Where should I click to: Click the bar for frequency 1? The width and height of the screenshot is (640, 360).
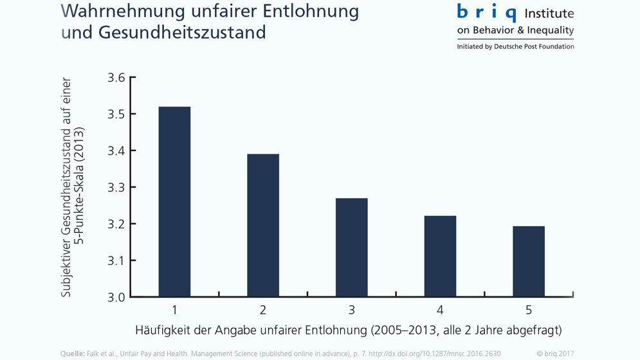tap(174, 201)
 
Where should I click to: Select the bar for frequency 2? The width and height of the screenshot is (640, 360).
tap(263, 225)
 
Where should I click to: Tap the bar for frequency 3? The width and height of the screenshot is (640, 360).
tap(352, 248)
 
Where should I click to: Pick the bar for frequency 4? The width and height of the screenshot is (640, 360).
tap(440, 256)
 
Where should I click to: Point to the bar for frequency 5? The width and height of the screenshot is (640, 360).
tap(529, 261)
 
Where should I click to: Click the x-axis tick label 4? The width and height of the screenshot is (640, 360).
tap(440, 310)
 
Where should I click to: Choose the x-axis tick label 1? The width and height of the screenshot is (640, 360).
tap(174, 310)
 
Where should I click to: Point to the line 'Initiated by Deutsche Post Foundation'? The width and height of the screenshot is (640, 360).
tap(515, 46)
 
